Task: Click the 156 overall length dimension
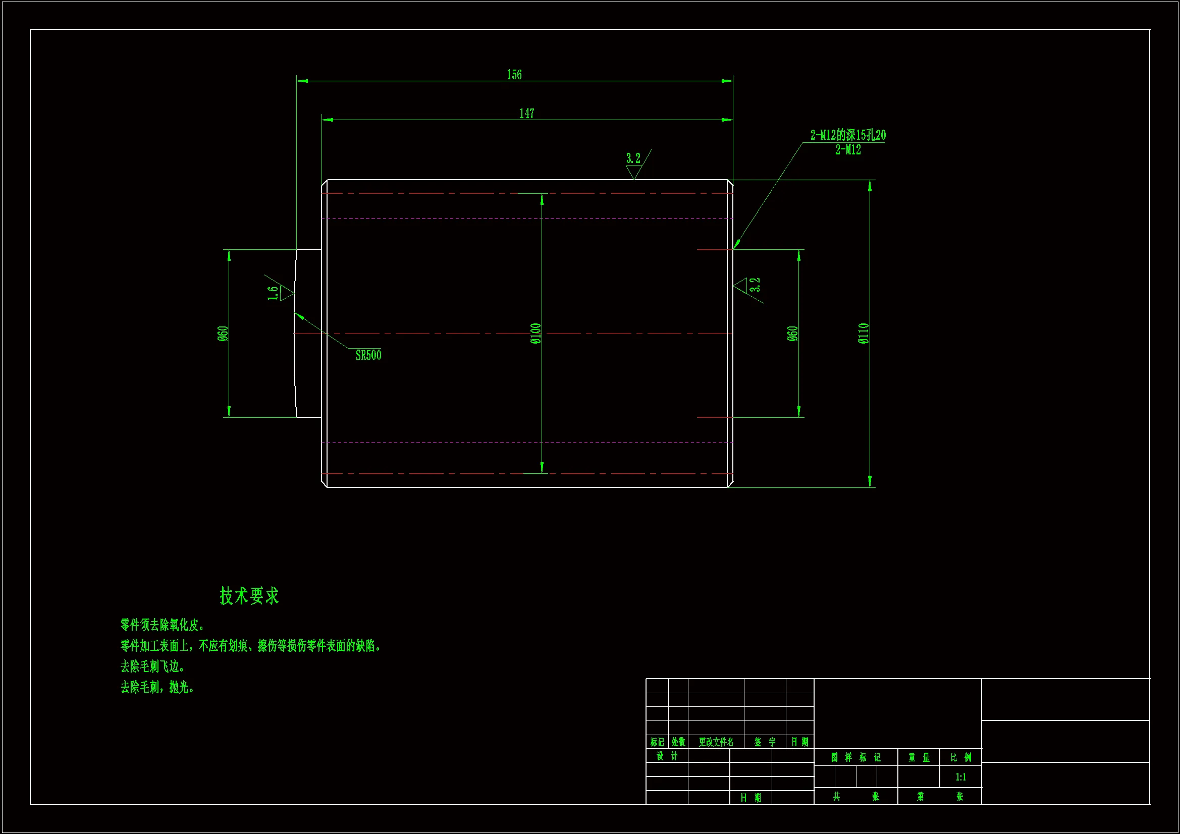(x=514, y=75)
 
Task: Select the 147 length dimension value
(x=527, y=114)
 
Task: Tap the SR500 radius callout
(x=368, y=355)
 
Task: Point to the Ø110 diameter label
(x=864, y=333)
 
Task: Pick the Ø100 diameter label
(x=535, y=333)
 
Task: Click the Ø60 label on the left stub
(x=223, y=333)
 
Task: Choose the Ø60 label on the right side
(x=792, y=333)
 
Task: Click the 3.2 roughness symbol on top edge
(x=634, y=164)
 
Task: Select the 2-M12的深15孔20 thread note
(x=848, y=136)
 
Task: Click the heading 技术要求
(x=249, y=596)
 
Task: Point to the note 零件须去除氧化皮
(x=163, y=625)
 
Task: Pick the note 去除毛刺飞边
(x=152, y=666)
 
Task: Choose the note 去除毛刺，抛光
(x=157, y=687)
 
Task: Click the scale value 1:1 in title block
(x=960, y=777)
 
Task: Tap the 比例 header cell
(x=960, y=757)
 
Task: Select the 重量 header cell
(x=919, y=757)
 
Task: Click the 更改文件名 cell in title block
(x=716, y=742)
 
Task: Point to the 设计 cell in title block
(x=667, y=756)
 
